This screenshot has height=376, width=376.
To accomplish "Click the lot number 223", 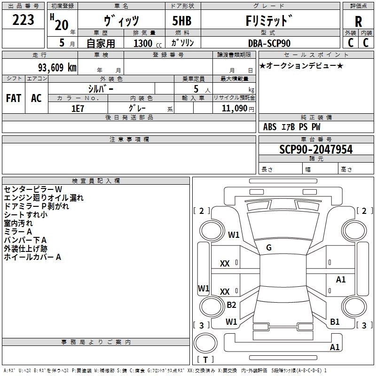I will [23, 20].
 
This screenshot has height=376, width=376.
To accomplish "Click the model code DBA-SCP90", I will [269, 43].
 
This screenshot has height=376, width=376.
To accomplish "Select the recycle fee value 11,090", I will [234, 108].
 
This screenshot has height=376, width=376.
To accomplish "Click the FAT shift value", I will [14, 98].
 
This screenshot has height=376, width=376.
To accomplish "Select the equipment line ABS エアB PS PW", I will [292, 127].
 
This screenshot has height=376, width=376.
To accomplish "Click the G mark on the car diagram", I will [268, 247].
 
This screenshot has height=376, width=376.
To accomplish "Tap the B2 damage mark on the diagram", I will [231, 305].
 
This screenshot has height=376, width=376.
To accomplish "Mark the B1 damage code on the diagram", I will [335, 321].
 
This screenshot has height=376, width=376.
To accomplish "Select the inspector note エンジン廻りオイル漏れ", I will [44, 198].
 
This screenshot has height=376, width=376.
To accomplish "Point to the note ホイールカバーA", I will [32, 257].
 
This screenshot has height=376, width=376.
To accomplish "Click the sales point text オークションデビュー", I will [301, 65].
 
